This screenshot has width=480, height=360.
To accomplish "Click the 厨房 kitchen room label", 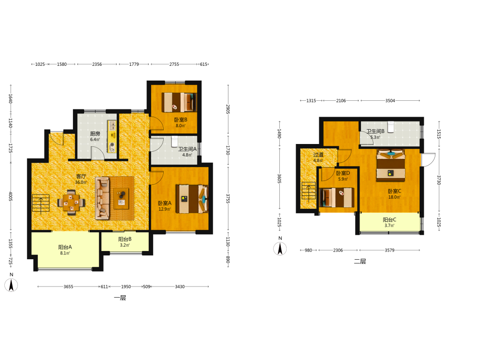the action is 95,133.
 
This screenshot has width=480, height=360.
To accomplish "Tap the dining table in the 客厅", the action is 72,203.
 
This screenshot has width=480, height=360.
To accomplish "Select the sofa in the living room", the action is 102,198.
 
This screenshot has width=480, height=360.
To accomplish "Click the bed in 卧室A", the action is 192,199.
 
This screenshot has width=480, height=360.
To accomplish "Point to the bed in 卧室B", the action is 179,102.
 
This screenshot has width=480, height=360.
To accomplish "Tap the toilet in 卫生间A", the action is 175,142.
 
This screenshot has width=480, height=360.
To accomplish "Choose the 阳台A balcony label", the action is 65,247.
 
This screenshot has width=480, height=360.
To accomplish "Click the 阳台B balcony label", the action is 125,239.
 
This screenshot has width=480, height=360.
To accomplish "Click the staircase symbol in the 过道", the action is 309,191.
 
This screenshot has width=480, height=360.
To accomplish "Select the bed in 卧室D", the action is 336,197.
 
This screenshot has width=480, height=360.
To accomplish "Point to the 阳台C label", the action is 389,219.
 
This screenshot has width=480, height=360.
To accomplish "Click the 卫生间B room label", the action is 376,131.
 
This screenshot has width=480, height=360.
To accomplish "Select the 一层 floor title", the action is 120,298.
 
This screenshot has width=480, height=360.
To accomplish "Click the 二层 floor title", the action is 360,262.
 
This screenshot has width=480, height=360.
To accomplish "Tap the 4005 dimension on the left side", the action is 11,196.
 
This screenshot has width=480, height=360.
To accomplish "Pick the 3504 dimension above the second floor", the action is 390,100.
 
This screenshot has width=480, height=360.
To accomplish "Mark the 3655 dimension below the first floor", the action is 68,287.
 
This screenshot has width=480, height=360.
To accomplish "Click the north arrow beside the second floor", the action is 280,249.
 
